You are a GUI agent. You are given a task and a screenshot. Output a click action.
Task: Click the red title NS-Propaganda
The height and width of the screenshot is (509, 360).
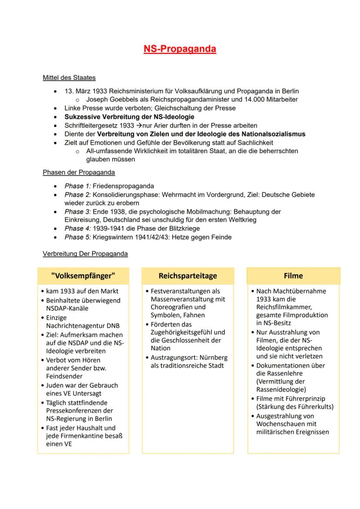pyautogui.click(x=180, y=49)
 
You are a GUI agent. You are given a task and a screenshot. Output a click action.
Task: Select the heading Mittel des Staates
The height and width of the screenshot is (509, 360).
pyautogui.click(x=69, y=78)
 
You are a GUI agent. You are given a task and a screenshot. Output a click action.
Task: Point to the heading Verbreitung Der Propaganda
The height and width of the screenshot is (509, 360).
pyautogui.click(x=85, y=253)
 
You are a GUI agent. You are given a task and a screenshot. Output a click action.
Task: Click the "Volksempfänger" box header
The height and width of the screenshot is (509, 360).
pyautogui.click(x=83, y=276)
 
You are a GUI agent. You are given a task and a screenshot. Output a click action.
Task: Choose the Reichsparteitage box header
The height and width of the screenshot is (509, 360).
pyautogui.click(x=188, y=276)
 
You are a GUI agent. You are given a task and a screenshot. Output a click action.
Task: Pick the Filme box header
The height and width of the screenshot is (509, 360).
pyautogui.click(x=293, y=276)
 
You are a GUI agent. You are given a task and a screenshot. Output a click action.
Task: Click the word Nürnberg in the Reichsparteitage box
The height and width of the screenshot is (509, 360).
pyautogui.click(x=213, y=358)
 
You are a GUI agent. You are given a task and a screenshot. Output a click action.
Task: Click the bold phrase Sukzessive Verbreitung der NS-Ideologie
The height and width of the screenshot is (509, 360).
pyautogui.click(x=129, y=117)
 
